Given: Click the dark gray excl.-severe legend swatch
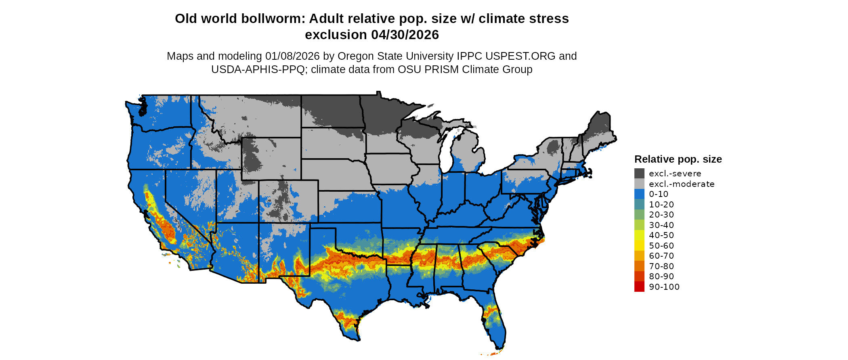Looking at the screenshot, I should [639, 174].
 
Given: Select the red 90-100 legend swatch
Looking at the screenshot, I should [639, 287].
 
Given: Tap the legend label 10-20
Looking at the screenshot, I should [661, 205].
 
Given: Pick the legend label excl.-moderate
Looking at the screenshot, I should [682, 184].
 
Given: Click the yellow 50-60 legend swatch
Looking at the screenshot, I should [639, 245].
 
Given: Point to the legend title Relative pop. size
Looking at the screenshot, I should [678, 159].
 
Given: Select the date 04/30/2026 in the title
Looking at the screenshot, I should [405, 35].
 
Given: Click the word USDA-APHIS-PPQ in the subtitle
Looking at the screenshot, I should [258, 69].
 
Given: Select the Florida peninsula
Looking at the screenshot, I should [495, 323].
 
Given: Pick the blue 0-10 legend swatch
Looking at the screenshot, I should [639, 194].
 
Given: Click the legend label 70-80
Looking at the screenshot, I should [661, 266].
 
